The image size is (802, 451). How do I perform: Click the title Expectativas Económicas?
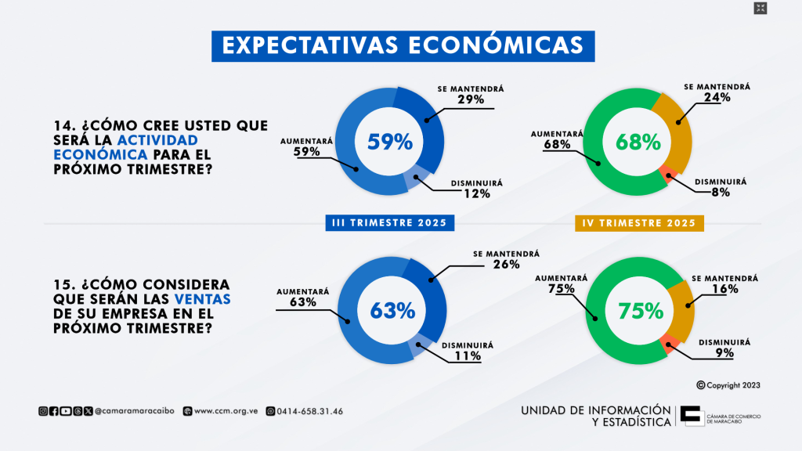(403, 45)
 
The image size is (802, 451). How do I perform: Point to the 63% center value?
(391, 310)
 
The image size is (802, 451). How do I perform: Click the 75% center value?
(641, 311)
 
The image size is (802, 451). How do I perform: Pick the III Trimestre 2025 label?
(389, 223)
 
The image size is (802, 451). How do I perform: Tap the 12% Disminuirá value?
(476, 193)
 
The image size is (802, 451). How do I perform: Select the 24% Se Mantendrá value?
(717, 98)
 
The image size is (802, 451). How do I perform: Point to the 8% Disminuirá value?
(721, 191)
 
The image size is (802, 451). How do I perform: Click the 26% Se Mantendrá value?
(507, 265)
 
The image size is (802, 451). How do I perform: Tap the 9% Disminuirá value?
(724, 353)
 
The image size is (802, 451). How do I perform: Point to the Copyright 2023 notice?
(728, 385)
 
